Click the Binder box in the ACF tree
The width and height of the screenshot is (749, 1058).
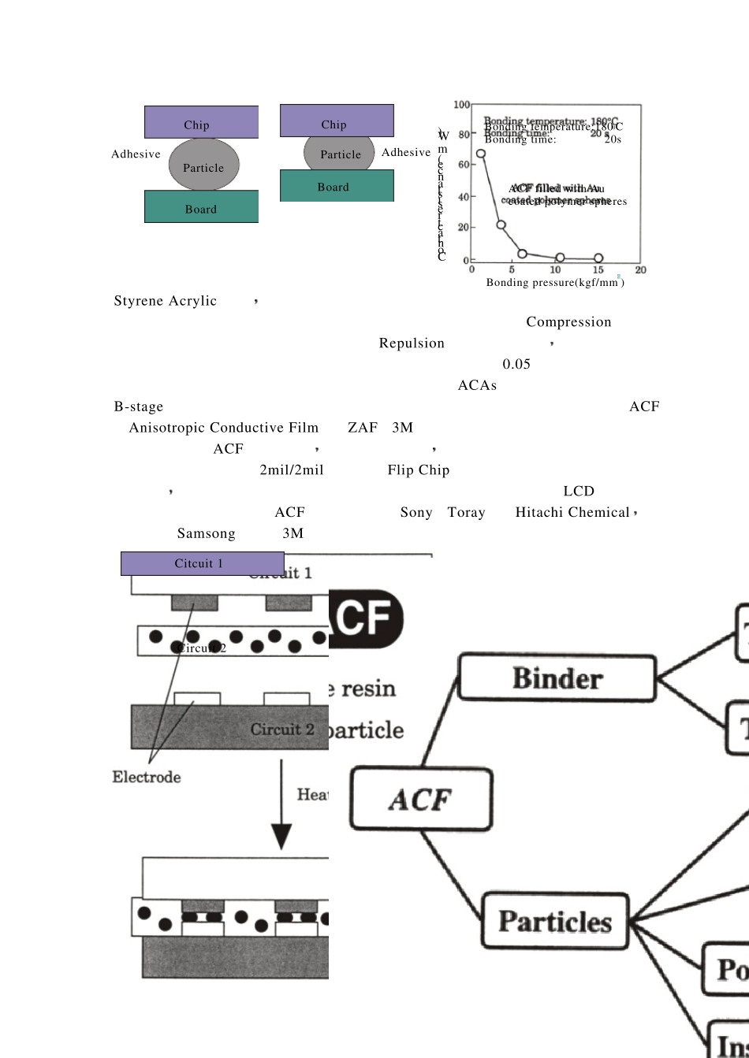[557, 678]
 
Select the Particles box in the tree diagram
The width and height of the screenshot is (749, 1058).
[555, 921]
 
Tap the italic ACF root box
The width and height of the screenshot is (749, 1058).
[421, 800]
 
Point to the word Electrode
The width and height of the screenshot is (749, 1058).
[147, 778]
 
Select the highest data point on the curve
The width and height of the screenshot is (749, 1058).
[481, 154]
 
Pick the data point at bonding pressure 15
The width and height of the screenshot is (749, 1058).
[598, 258]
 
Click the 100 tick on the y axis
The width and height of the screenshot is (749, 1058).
[461, 105]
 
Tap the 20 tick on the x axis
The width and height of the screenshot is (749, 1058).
[640, 270]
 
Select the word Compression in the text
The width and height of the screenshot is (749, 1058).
[568, 322]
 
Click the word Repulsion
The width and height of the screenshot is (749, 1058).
[412, 343]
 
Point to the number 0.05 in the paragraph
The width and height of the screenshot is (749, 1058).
[516, 364]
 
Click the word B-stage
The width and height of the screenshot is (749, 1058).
[139, 406]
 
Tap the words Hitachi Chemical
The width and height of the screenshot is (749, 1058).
[572, 513]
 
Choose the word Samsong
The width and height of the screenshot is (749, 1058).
[206, 533]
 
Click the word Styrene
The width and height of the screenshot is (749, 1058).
[139, 301]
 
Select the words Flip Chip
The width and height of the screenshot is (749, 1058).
[418, 470]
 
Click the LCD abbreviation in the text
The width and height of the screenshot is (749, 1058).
[579, 492]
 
